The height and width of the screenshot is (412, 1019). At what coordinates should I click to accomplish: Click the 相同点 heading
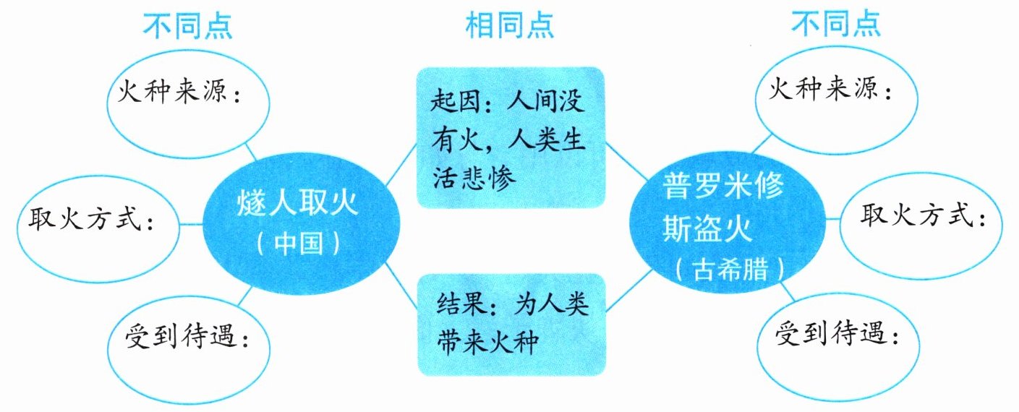(x=510, y=25)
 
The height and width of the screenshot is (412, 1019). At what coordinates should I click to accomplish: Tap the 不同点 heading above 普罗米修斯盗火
(x=837, y=25)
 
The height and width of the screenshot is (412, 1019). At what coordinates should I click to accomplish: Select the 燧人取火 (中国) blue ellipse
(x=298, y=219)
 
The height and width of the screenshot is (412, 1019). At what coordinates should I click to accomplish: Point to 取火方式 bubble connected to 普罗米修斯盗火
(x=922, y=220)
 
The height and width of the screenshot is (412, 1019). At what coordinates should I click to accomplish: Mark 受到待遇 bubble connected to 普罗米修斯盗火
(x=840, y=340)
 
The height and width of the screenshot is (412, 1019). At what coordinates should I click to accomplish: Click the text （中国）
(x=298, y=244)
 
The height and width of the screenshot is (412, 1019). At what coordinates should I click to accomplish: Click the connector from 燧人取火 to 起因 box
(x=401, y=163)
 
